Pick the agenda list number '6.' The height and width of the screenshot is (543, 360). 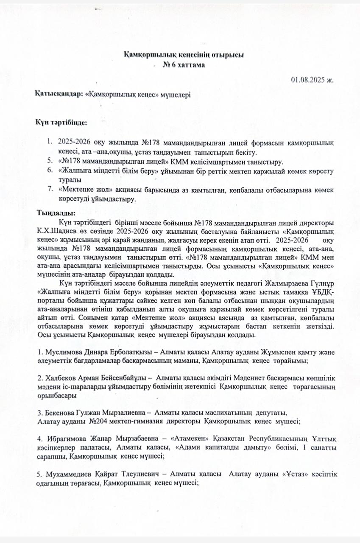click(50, 171)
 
